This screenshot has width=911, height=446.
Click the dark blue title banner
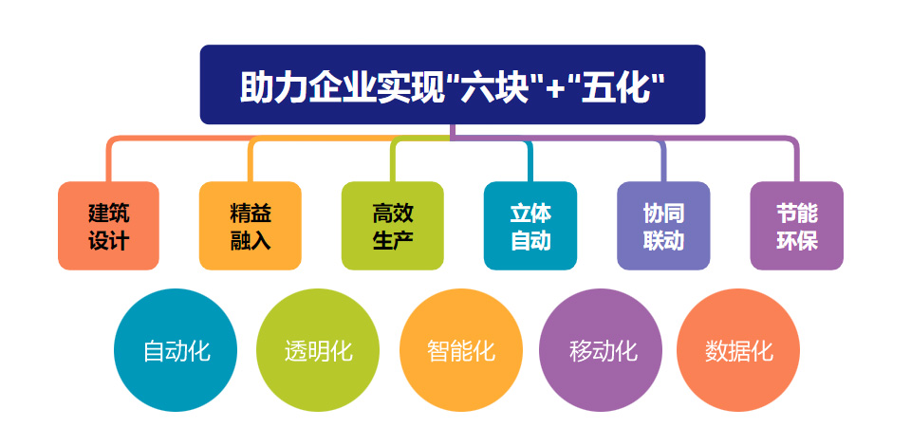453,84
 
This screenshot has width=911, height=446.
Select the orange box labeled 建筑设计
108,226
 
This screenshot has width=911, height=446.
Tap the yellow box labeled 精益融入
251,226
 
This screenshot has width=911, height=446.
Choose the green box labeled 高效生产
393,226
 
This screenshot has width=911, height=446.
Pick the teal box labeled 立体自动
530,226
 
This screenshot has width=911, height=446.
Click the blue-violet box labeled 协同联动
663,226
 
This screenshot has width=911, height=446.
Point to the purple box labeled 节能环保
796,226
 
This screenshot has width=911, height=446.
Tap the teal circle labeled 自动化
176,350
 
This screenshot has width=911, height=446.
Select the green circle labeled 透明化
318,350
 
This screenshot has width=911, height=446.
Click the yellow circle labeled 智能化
461,350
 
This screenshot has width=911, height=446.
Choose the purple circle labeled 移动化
601,350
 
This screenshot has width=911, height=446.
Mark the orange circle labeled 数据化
738,350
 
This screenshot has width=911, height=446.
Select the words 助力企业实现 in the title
342,87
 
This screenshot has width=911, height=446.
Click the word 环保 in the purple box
796,241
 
